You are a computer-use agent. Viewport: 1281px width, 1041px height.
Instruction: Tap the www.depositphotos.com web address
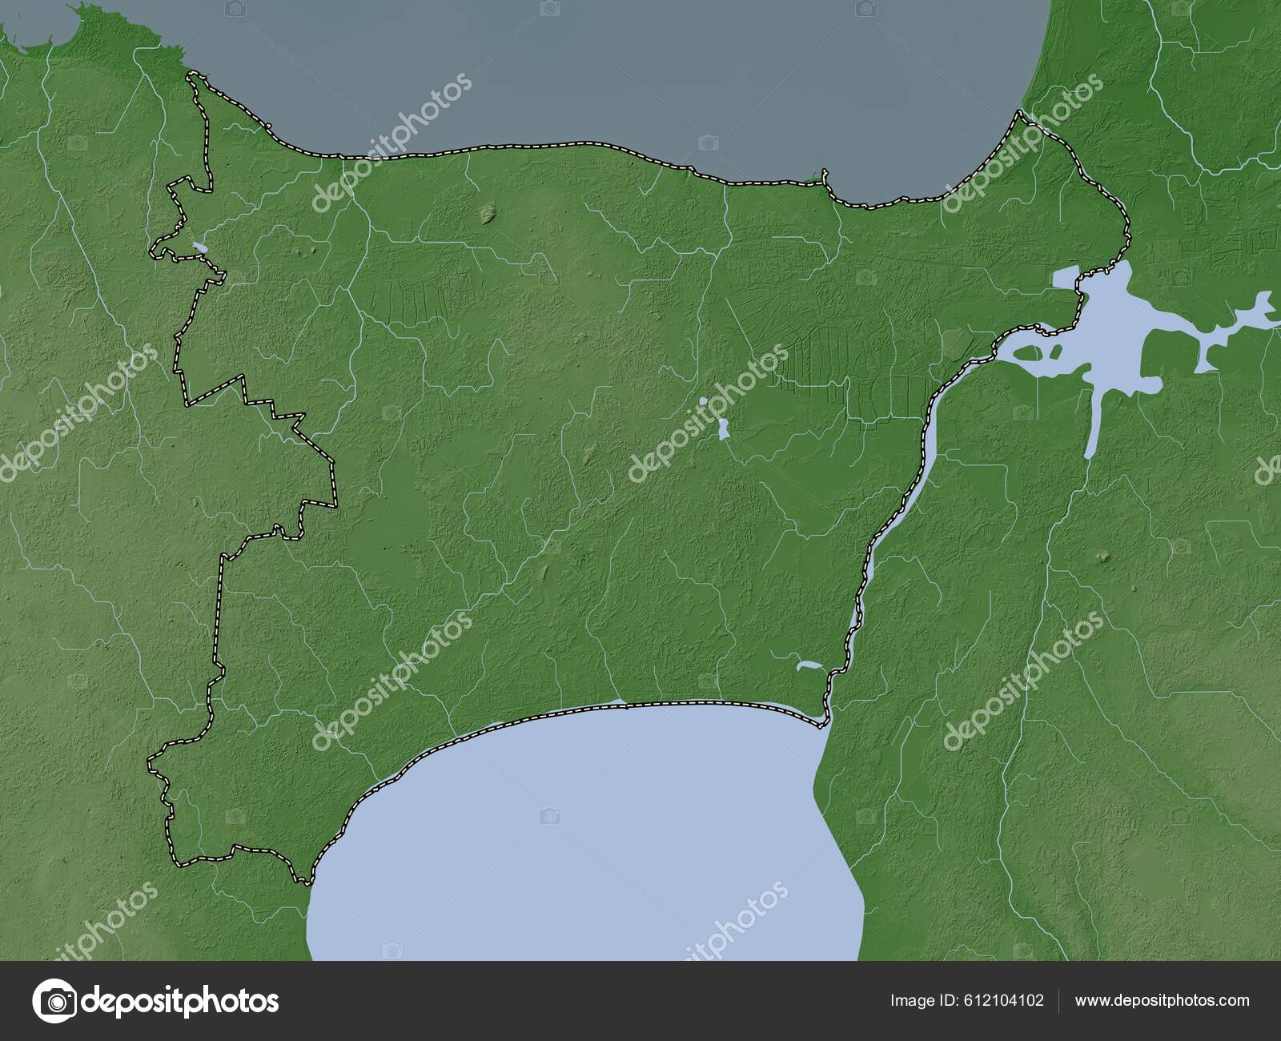(1162, 1000)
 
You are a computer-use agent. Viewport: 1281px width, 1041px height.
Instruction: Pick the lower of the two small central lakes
(723, 429)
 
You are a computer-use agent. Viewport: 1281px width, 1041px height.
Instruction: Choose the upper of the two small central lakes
(703, 401)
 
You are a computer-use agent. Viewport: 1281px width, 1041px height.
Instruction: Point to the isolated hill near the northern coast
(488, 211)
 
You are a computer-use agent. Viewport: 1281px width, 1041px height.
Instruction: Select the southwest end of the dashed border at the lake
(304, 882)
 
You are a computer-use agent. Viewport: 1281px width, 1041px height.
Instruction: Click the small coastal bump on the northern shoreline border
(825, 175)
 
